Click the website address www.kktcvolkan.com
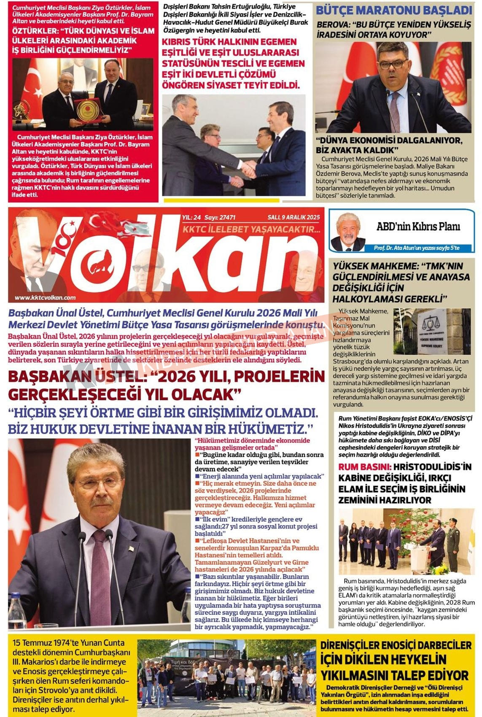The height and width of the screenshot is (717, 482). pyautogui.click(x=45, y=297)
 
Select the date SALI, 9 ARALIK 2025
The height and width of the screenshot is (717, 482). pyautogui.click(x=294, y=218)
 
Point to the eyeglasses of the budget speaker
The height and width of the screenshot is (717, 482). pyautogui.click(x=393, y=64)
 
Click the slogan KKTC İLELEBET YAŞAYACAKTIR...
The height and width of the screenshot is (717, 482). pyautogui.click(x=251, y=229)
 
